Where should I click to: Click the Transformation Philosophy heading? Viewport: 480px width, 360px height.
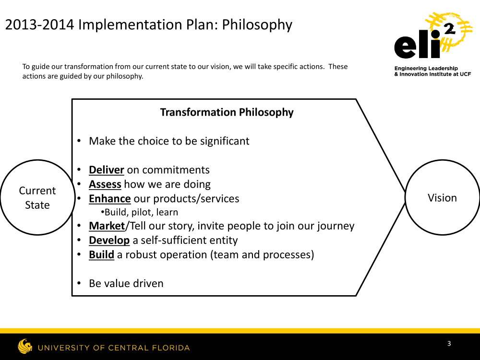tap(227, 112)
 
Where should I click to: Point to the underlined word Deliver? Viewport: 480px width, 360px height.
tap(106, 170)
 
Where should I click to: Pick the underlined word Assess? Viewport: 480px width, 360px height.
tap(105, 184)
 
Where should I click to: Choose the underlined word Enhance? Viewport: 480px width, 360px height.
tap(109, 199)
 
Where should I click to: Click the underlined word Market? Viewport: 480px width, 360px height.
tap(107, 226)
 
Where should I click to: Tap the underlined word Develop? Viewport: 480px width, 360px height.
tap(109, 240)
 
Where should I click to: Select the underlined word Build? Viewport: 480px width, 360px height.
tap(101, 255)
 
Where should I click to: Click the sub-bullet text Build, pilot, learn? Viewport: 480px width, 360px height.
tap(140, 212)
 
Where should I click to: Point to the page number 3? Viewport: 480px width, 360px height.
tap(449, 344)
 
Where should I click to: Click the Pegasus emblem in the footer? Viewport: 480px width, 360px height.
tap(25, 346)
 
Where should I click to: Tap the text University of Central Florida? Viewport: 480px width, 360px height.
tap(114, 348)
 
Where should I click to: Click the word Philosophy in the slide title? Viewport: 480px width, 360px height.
tap(257, 25)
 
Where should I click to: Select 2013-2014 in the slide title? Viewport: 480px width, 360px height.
tap(39, 24)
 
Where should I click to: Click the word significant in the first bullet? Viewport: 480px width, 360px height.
tap(225, 142)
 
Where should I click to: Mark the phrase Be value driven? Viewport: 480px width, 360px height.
tap(126, 284)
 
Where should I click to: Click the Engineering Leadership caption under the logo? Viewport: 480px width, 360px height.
tap(432, 72)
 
